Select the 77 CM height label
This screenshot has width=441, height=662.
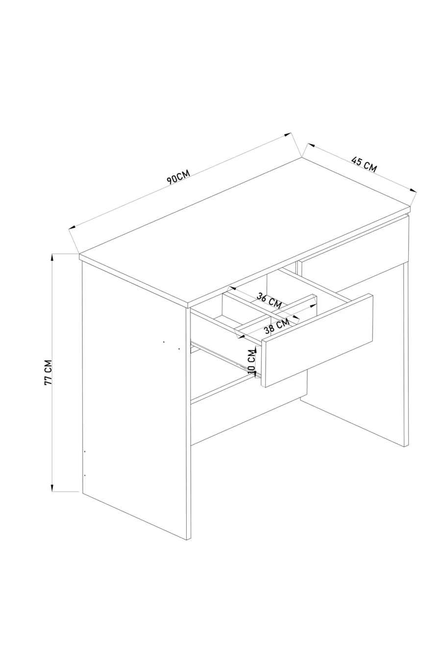[48, 372]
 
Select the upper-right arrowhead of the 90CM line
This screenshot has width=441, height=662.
[288, 134]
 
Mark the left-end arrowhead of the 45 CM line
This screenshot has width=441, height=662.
[311, 145]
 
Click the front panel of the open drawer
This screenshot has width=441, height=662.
[317, 340]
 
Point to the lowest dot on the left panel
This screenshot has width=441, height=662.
[85, 475]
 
